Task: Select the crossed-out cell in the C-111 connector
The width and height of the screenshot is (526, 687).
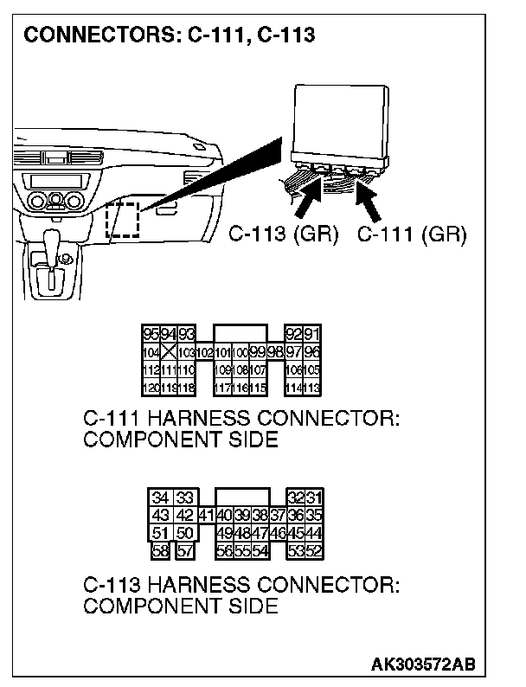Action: click(169, 352)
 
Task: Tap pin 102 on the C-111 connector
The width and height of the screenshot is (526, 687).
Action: click(205, 352)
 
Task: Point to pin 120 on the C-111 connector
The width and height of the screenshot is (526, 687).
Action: click(151, 388)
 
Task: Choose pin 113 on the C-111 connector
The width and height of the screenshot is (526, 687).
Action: click(311, 388)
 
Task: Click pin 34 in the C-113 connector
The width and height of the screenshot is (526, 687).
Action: click(160, 498)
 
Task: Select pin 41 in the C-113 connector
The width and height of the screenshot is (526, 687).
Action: click(206, 515)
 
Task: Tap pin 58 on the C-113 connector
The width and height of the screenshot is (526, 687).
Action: click(160, 549)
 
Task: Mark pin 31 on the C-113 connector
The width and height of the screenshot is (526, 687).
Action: click(313, 498)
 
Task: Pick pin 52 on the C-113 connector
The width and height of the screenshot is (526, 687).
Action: click(313, 549)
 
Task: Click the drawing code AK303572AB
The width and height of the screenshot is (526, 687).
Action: click(423, 665)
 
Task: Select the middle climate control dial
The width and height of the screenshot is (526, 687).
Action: click(56, 201)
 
